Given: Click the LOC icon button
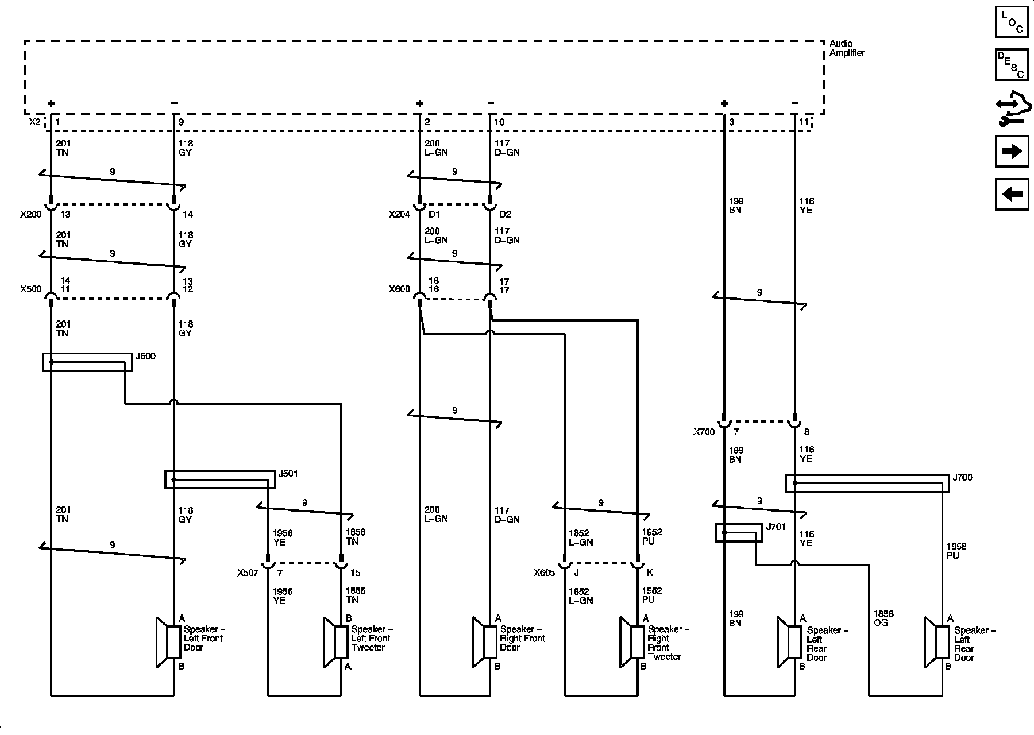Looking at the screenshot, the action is tap(1012, 21).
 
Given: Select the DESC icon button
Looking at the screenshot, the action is tap(1012, 65).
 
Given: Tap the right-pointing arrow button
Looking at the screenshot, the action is tap(1012, 151).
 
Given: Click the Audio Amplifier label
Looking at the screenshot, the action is tap(847, 48).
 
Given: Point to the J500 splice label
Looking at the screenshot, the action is tap(145, 357).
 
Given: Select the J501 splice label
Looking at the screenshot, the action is tap(288, 474).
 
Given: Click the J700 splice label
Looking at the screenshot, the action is tap(963, 477).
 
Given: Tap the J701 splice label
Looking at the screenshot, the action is tap(776, 527).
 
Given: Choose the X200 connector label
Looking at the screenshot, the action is tap(31, 214).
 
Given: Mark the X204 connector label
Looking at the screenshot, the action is tap(400, 214).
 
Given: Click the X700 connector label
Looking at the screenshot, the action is tap(704, 432).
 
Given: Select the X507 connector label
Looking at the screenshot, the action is tap(248, 572).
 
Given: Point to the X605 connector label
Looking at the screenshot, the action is tap(545, 572).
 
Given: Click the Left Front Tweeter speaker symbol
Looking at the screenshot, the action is tap(335, 642).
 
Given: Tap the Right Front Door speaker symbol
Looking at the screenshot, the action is tap(484, 642).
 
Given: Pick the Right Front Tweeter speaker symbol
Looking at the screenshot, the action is tap(632, 642).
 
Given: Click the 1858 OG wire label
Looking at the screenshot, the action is tap(883, 618).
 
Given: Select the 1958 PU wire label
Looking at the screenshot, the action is tap(956, 551).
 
